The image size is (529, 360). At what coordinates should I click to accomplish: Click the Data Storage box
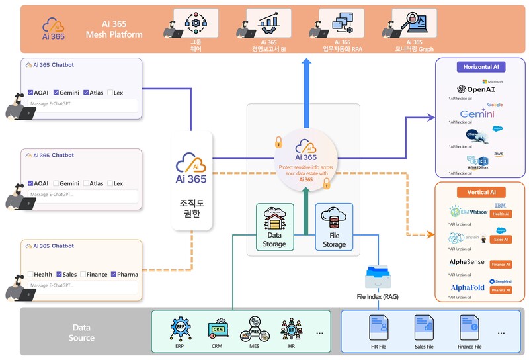(x=274, y=227)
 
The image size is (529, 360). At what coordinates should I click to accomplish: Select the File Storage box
(x=334, y=227)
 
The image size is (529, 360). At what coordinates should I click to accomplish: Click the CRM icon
(x=216, y=328)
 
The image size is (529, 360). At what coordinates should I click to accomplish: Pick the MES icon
(x=253, y=328)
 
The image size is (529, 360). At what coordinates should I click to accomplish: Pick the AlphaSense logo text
(x=468, y=263)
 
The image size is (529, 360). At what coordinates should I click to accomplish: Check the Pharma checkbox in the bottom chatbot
(x=114, y=274)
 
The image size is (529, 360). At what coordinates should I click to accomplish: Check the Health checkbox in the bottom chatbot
(x=30, y=274)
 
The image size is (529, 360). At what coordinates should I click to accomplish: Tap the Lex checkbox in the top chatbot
(x=110, y=93)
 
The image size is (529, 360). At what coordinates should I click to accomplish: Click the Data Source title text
(x=83, y=332)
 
